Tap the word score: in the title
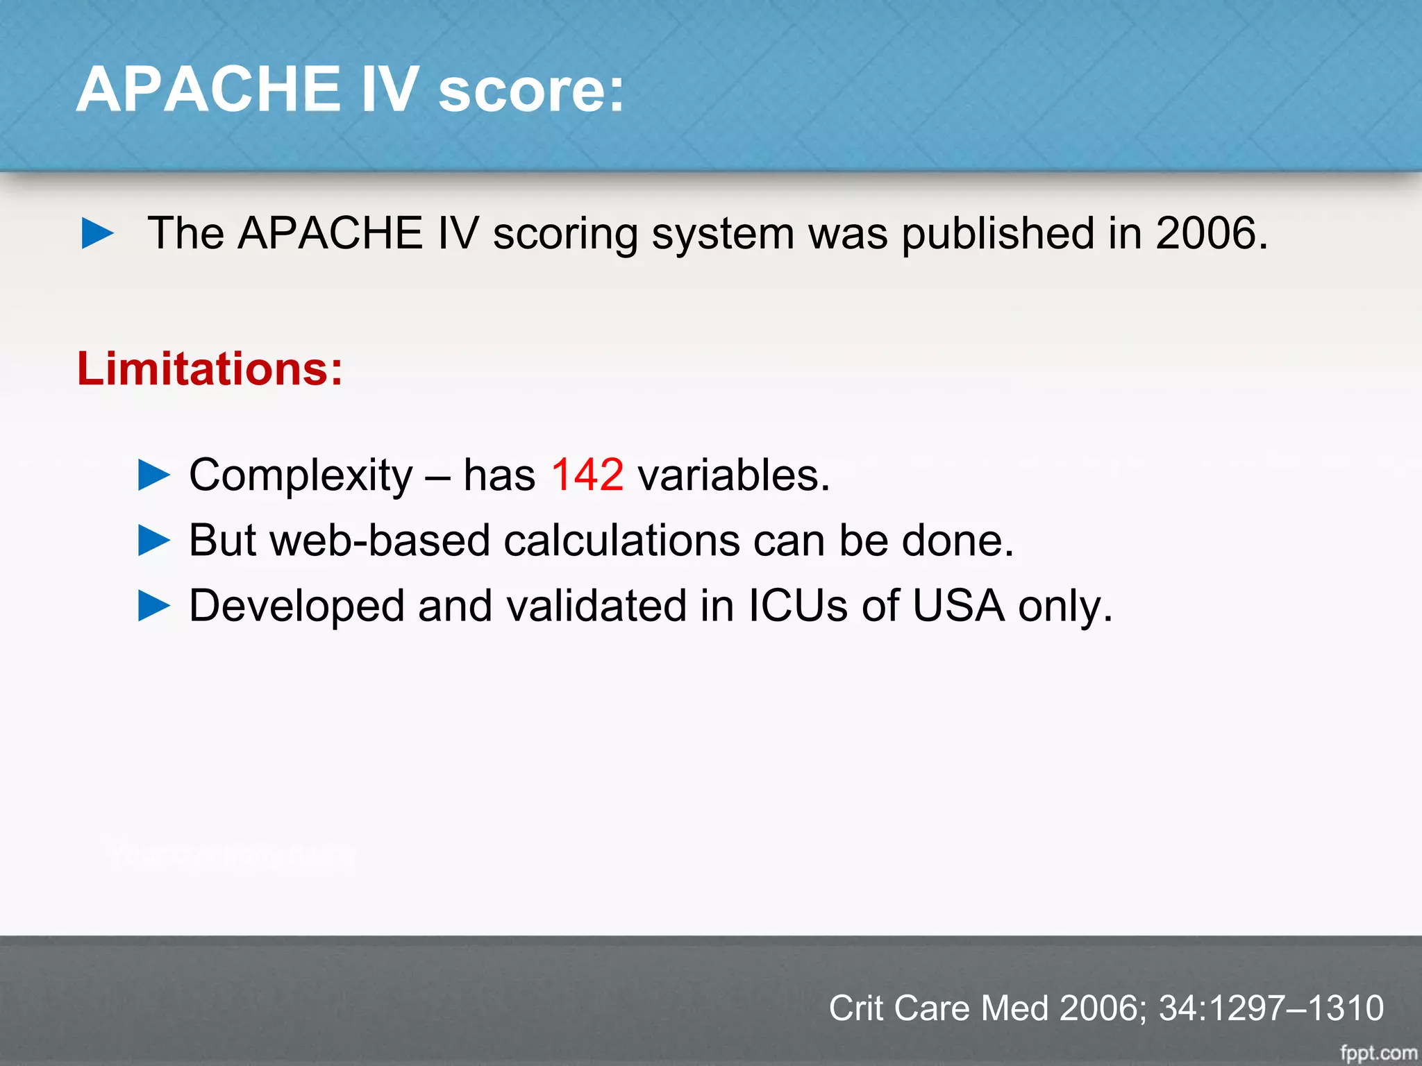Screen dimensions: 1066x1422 click(531, 90)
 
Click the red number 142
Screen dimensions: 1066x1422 click(587, 475)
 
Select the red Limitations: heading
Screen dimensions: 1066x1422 click(210, 369)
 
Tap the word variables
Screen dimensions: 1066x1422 click(733, 475)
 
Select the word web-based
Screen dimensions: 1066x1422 click(380, 541)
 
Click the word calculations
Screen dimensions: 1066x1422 click(621, 541)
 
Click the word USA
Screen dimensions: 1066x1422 click(958, 606)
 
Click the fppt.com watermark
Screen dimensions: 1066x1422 click(1378, 1053)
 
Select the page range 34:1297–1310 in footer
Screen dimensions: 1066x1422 click(1271, 1008)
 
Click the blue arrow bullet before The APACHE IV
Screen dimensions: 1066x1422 click(97, 233)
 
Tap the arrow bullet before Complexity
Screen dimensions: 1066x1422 click(154, 475)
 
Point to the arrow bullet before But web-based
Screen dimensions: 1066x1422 click(154, 541)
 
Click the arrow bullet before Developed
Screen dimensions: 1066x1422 click(154, 606)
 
